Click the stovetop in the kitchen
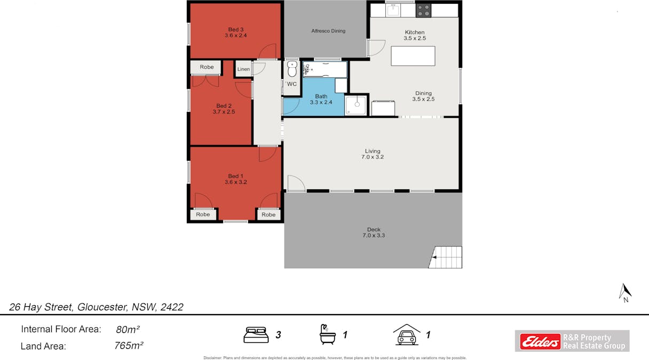click(423, 11)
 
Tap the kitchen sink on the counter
click(393, 10)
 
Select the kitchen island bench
click(413, 56)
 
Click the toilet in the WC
click(292, 69)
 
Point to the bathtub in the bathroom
click(325, 69)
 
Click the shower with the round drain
click(356, 105)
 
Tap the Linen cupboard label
click(243, 69)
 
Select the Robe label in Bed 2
click(207, 67)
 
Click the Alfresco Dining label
click(328, 31)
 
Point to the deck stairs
click(446, 257)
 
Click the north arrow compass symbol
click(625, 292)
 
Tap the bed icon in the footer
click(256, 335)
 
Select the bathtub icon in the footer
click(327, 334)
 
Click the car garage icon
click(407, 334)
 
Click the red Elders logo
click(540, 341)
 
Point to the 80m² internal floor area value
click(128, 329)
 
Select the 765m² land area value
click(129, 346)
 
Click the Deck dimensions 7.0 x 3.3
click(374, 235)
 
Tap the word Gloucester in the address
click(102, 307)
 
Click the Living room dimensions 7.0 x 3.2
click(373, 157)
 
